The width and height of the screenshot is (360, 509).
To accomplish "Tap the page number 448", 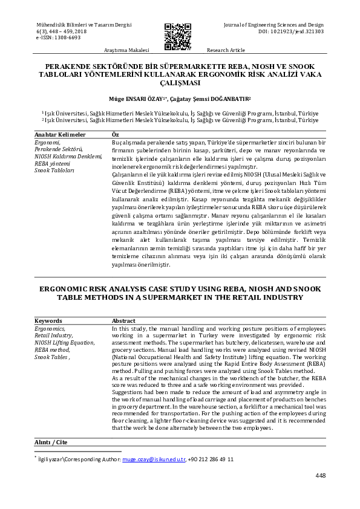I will pyautogui.click(x=321, y=476).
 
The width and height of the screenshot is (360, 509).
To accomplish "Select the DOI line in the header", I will pyautogui.click(x=290, y=31).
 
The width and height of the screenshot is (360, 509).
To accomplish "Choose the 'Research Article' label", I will pyautogui.click(x=226, y=50).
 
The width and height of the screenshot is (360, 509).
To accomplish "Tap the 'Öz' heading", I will pyautogui.click(x=116, y=134).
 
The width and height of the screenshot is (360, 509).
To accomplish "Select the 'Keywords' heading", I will pyautogui.click(x=48, y=320).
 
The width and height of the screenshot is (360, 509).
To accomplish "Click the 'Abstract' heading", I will pyautogui.click(x=124, y=320).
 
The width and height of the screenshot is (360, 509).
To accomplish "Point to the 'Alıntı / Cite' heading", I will pyautogui.click(x=51, y=443).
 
